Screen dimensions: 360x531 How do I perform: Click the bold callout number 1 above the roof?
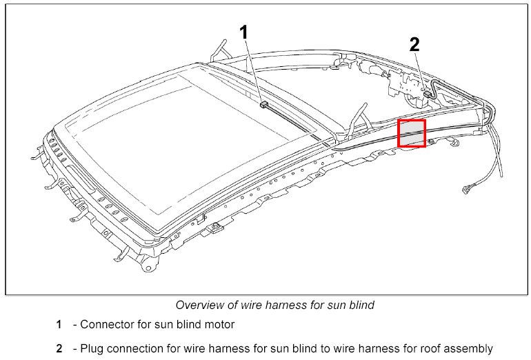point(245,32)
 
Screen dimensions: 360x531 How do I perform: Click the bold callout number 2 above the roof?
point(414,45)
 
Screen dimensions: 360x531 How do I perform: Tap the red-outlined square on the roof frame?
point(412,133)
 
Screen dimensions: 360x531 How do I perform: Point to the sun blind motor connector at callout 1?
point(263,105)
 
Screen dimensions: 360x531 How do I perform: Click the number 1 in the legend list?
point(59,324)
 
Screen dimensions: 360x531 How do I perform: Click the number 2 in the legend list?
point(59,348)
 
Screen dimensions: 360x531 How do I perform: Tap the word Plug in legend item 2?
point(92,348)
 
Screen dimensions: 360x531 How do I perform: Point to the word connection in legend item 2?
point(136,348)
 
